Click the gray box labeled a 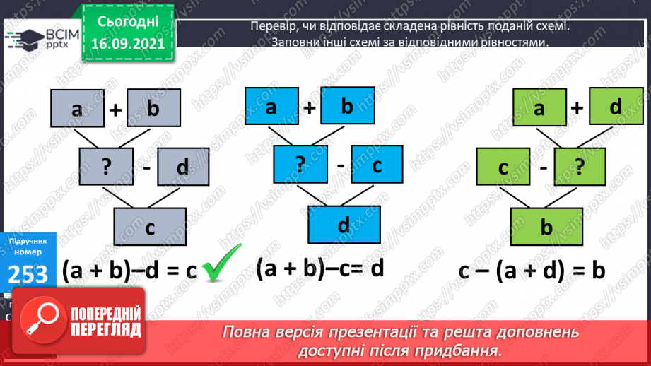76,110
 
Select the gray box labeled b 153,108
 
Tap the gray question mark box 106,167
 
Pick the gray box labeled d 182,167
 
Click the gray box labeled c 150,228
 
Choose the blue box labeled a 271,107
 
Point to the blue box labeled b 346,107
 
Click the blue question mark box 300,165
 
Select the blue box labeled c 377,165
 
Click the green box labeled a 541,109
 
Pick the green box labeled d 614,107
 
